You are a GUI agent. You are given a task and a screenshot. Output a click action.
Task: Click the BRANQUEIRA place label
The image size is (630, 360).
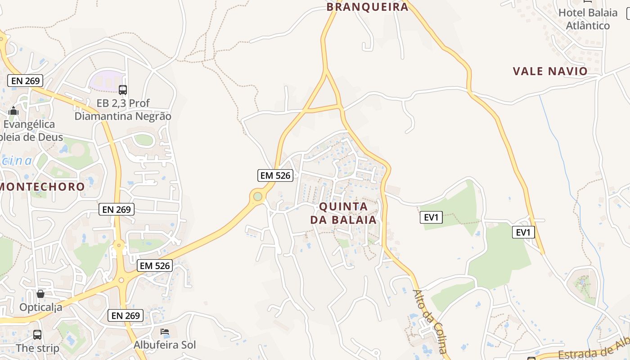pos(367,7)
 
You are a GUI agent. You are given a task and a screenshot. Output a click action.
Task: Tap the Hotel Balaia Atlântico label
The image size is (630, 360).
pos(588,19)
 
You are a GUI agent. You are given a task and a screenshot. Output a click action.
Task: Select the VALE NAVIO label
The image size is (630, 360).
pos(550,71)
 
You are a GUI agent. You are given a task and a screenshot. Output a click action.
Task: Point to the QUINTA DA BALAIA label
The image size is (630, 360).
pos(343,213)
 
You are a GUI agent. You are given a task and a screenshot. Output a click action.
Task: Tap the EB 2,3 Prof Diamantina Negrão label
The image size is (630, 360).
pos(123,110)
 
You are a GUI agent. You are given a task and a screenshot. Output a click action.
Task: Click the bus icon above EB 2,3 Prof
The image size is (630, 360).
pos(123,90)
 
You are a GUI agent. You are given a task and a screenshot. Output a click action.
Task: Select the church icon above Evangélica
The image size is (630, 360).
pos(13,111)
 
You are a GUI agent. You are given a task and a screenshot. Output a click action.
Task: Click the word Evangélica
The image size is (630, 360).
pos(29,124)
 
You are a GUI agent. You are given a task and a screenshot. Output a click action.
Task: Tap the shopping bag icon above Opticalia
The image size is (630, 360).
pos(40,294)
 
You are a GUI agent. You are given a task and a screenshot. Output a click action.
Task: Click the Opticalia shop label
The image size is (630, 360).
pos(40,307)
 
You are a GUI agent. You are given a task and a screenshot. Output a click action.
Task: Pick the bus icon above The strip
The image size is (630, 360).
pos(37,335)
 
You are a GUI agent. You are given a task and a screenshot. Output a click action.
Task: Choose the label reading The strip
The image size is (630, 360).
pos(37,348)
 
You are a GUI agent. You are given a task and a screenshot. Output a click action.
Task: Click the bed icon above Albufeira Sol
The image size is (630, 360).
pos(165,332)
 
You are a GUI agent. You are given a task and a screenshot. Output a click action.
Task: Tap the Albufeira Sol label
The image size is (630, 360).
pos(165,345)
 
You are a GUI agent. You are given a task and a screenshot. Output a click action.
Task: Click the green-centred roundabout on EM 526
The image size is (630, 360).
pos(257,196)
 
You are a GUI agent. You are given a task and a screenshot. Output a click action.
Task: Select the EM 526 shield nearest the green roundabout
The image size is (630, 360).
pos(275,175)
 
